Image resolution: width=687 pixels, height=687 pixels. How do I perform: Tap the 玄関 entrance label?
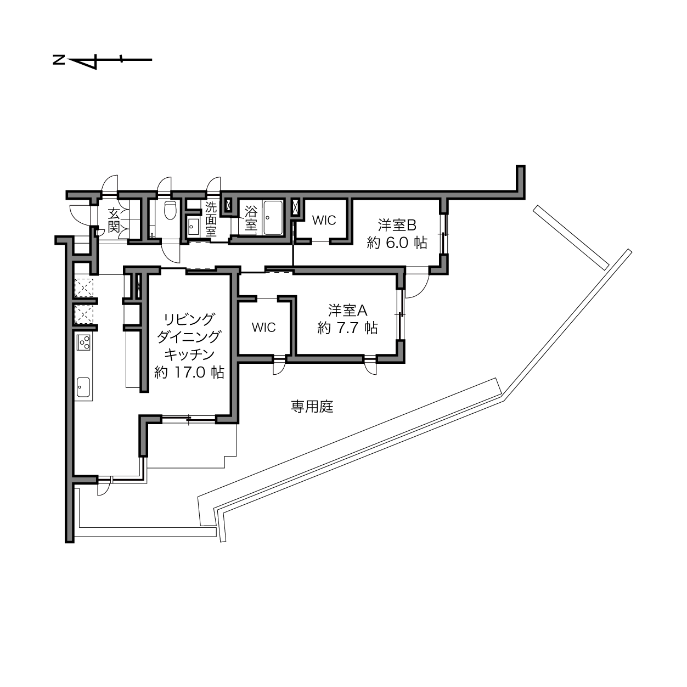[x=114, y=220]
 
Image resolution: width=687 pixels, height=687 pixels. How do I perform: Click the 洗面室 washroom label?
[x=211, y=219]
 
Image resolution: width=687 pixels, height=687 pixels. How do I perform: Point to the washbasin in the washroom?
[x=194, y=227]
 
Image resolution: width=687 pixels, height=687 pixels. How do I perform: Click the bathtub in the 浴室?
[x=273, y=217]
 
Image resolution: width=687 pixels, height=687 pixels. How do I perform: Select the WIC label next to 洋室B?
[x=324, y=220]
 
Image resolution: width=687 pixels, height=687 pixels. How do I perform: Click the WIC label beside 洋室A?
[x=263, y=327]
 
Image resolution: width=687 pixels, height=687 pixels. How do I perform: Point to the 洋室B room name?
[x=397, y=226]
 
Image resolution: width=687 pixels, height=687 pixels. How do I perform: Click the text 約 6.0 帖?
[x=397, y=243]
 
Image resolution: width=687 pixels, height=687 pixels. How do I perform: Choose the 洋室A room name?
[x=347, y=310]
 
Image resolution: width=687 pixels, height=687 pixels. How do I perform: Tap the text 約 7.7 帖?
[x=347, y=328]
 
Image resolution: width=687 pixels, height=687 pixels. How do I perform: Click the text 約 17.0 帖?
[x=189, y=373]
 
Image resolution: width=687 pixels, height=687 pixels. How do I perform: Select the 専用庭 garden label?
[x=312, y=407]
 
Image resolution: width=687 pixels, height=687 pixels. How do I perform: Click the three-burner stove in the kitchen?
[x=84, y=342]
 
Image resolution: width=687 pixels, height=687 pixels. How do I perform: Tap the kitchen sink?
[x=83, y=386]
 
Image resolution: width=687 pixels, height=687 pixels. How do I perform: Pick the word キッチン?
[x=189, y=354]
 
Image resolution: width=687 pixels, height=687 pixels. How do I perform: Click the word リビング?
[x=189, y=319]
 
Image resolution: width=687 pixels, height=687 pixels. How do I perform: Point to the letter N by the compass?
[x=59, y=60]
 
